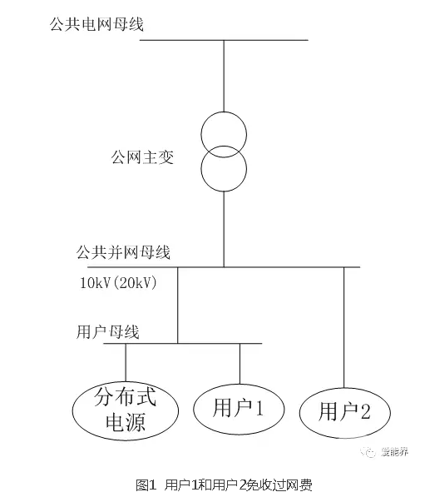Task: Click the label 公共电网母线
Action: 96,23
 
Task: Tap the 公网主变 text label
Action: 142,157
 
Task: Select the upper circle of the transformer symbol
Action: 224,112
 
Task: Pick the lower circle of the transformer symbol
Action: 224,191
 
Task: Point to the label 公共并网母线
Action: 123,252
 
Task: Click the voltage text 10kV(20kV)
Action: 118,283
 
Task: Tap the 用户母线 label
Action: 108,331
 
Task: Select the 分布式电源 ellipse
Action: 72,411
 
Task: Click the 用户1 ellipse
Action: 194,409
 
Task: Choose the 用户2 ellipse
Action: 299,413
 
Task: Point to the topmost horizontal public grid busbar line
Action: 224,40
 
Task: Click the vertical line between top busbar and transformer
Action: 224,76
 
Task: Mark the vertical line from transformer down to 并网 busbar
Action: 224,229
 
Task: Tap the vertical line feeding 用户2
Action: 344,327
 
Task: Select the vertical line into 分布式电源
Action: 126,363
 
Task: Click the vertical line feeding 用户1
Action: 240,364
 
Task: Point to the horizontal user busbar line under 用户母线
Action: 183,344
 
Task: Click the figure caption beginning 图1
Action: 224,485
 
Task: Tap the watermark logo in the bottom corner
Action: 368,452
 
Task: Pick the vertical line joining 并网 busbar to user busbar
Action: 178,305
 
